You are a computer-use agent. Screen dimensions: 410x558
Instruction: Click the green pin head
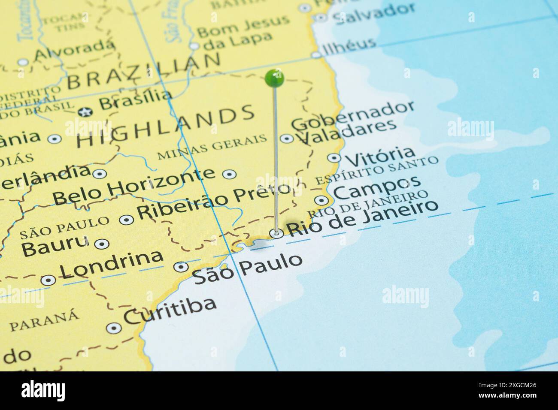(275, 78)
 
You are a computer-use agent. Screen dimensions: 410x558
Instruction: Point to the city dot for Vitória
(334, 158)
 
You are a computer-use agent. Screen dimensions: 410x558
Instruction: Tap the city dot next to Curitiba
(113, 328)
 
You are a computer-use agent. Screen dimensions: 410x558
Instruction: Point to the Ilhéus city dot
(316, 54)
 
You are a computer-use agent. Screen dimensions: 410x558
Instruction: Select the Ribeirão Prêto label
(213, 201)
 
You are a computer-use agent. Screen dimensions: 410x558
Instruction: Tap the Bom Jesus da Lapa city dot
(194, 46)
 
